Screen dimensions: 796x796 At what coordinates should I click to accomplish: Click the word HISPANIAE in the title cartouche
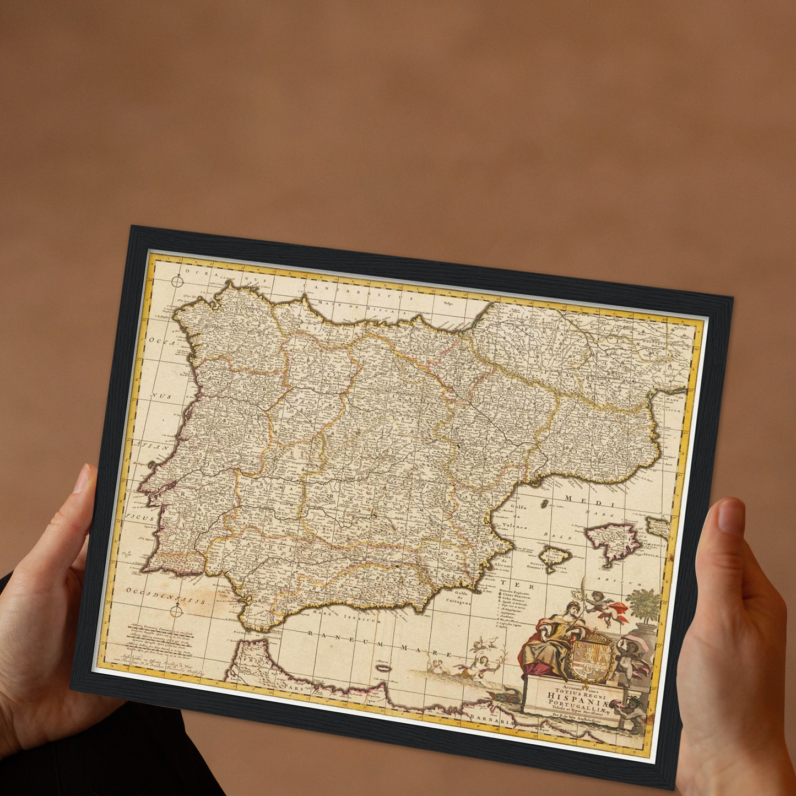click(577, 698)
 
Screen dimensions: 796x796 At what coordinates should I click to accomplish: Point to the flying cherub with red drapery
click(606, 607)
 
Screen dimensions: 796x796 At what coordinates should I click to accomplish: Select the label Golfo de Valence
click(515, 517)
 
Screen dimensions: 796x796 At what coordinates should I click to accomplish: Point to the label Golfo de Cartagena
click(458, 598)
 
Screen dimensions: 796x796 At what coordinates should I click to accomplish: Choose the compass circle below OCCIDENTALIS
click(176, 611)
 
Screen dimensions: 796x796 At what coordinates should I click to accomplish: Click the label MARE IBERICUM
click(348, 616)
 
